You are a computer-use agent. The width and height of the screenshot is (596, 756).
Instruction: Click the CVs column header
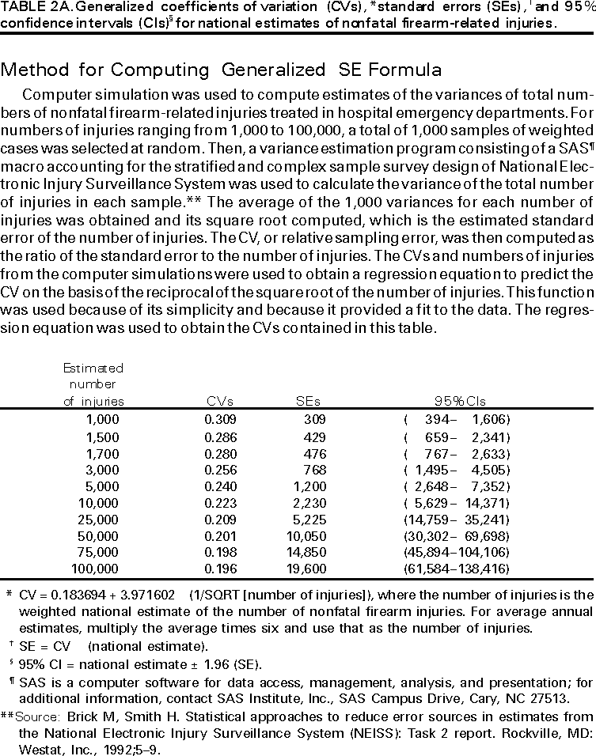[x=219, y=401]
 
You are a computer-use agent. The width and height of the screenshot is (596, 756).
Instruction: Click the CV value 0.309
[x=220, y=418]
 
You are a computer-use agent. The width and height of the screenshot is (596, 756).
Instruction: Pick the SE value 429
[x=314, y=436]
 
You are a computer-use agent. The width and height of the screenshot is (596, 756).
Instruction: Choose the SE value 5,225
[x=309, y=520]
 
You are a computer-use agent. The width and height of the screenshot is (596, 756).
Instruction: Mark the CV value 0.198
[x=220, y=553]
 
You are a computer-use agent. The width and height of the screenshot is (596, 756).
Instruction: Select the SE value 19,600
[x=307, y=569]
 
